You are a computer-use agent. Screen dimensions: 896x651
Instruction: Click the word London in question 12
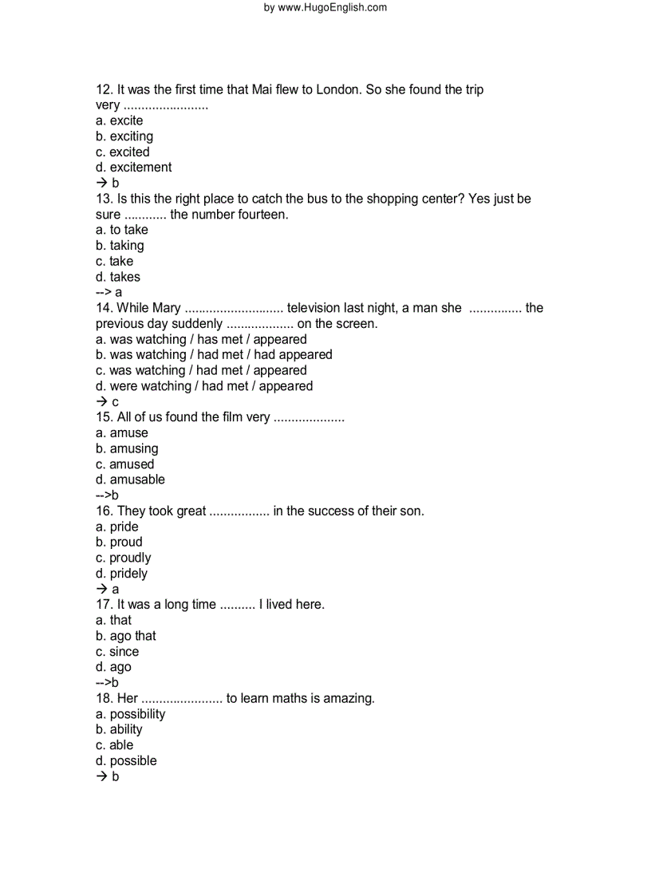click(x=338, y=89)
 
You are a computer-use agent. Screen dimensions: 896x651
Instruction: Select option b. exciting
click(x=124, y=136)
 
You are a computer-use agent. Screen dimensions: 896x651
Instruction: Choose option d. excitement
click(x=133, y=168)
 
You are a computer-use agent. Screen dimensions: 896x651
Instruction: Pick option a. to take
click(x=122, y=230)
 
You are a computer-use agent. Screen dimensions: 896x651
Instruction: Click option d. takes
click(x=118, y=277)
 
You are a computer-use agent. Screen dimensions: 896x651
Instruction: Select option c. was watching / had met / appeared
click(x=201, y=370)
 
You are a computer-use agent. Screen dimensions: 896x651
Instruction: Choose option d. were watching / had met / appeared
click(x=204, y=386)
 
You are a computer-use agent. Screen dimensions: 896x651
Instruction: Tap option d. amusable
click(x=130, y=480)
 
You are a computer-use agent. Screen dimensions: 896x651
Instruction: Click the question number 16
click(x=104, y=511)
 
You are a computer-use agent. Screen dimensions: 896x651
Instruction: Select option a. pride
click(x=117, y=527)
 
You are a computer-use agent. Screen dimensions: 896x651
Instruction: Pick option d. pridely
click(x=121, y=574)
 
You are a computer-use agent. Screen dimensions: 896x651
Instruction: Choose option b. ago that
click(x=126, y=636)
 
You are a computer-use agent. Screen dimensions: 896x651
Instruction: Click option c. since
click(x=117, y=652)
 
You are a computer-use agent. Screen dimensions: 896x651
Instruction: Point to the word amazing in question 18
click(x=349, y=698)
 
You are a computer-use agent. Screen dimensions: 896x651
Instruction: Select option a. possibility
click(x=131, y=714)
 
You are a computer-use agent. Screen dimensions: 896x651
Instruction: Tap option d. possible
click(x=126, y=761)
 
